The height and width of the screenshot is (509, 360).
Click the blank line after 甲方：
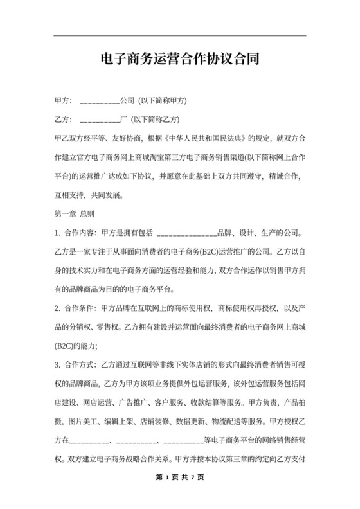(x=100, y=102)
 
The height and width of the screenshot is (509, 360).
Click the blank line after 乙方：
(x=100, y=120)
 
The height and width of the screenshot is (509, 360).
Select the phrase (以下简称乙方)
(x=155, y=120)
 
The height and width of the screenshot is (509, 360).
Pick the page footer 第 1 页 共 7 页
(x=180, y=478)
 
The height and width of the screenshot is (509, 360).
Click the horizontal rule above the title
(x=180, y=35)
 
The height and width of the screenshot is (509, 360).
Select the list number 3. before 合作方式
(x=59, y=366)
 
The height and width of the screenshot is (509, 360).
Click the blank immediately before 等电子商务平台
(x=184, y=441)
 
